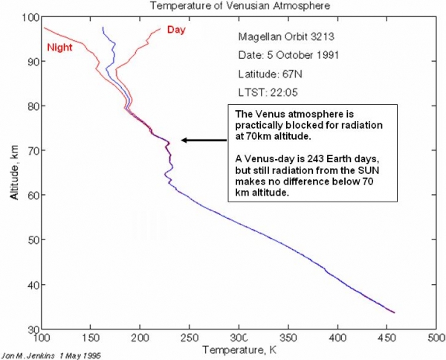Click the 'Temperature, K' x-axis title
point(238,347)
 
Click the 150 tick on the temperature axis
point(91,338)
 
